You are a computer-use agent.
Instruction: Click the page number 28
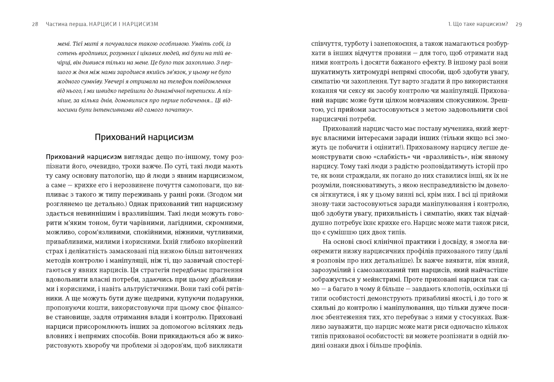pyautogui.click(x=35, y=24)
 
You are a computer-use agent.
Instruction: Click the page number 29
pyautogui.click(x=519, y=24)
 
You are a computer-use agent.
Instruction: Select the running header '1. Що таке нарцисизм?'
pyautogui.click(x=478, y=24)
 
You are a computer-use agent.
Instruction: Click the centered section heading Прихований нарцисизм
pyautogui.click(x=144, y=137)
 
